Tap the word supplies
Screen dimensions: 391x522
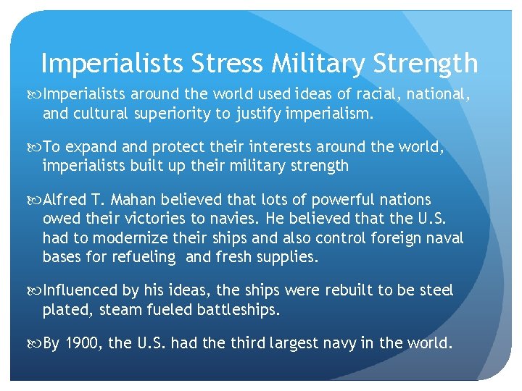[x=278, y=256]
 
